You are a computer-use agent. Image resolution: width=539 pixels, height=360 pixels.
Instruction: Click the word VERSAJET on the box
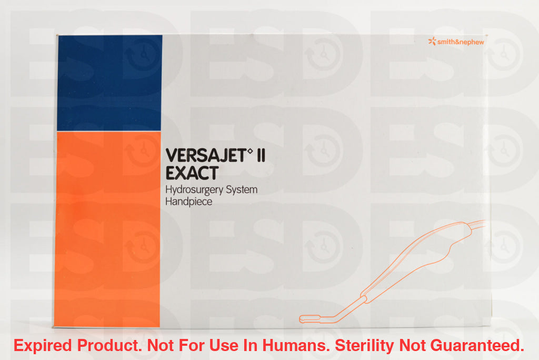point(206,155)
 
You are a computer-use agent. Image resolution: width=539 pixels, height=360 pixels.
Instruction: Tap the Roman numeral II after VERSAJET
point(261,155)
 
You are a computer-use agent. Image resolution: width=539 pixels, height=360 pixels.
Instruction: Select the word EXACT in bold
point(192,173)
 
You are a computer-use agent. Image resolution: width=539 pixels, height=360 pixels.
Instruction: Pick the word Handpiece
point(189,202)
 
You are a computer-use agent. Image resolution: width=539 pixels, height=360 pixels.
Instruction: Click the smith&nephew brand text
point(461,42)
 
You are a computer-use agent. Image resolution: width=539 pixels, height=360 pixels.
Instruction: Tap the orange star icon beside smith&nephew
point(432,41)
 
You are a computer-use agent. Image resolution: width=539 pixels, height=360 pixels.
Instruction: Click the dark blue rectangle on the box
point(109,83)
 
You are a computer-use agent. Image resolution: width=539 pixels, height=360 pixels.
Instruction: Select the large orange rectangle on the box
point(107,229)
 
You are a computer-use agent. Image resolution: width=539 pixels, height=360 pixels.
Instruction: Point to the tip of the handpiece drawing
point(301,319)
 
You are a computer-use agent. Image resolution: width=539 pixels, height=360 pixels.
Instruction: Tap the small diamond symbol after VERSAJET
point(250,150)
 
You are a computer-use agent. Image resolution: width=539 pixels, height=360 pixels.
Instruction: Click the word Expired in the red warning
point(43,346)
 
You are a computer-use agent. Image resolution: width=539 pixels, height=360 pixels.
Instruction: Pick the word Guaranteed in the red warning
point(477,345)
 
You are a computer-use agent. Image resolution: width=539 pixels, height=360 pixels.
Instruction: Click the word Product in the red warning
point(109,345)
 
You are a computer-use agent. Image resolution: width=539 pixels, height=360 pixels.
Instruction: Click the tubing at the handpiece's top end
point(478,224)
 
